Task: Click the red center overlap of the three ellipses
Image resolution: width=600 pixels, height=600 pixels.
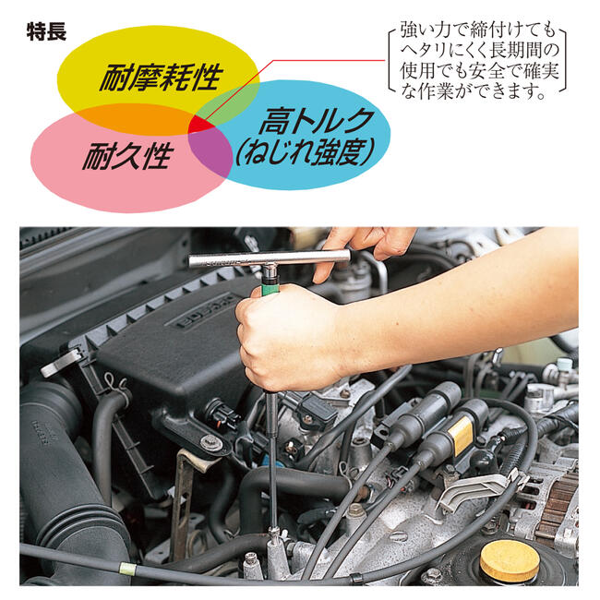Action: [x=202, y=125]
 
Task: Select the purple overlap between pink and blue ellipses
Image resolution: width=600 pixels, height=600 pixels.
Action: [x=211, y=154]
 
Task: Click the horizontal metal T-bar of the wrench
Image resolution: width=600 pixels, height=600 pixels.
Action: [x=268, y=258]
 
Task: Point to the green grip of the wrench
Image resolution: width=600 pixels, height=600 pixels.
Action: [x=271, y=282]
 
